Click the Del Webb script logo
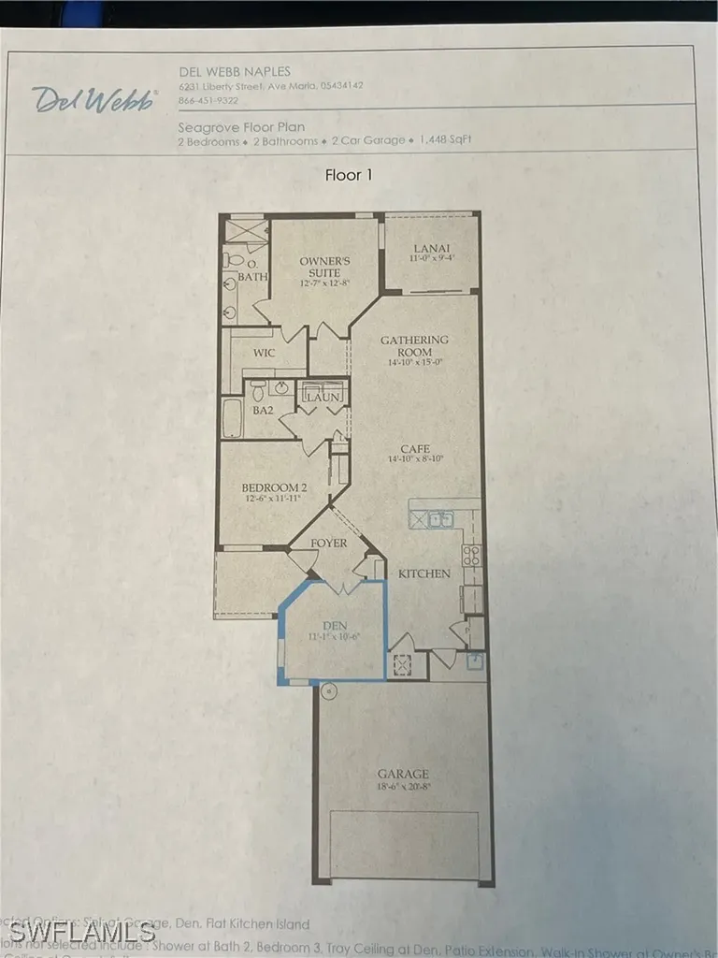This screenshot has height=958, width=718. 93,99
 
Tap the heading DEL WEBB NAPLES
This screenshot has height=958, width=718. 235,71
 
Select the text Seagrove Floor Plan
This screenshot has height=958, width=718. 241,126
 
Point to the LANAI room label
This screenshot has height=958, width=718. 432,249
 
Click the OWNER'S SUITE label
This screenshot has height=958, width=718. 324,267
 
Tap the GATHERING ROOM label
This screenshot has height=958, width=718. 414,345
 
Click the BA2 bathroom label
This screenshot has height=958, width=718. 264,410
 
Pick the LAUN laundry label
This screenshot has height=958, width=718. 323,398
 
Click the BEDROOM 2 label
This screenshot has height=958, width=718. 274,487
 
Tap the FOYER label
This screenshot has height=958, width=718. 328,543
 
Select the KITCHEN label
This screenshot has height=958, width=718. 424,573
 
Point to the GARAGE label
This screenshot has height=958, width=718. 404,774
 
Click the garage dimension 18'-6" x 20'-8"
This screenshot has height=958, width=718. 404,787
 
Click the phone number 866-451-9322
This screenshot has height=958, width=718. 208,100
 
